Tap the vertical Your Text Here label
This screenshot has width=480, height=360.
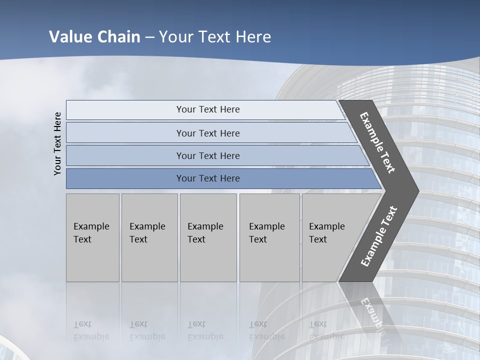pos(57,143)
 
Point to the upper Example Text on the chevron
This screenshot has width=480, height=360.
pos(377,142)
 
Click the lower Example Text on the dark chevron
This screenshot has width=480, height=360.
pos(379,236)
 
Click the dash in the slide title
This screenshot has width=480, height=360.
pos(149,37)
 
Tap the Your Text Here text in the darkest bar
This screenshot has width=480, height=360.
pos(208,178)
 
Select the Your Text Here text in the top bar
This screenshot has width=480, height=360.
pos(208,109)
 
